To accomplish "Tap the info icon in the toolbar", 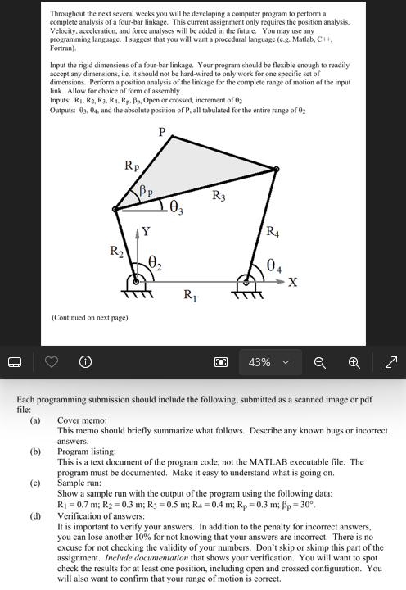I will [x=83, y=361].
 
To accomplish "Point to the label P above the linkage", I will [x=161, y=131].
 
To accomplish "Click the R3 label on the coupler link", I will [x=219, y=196].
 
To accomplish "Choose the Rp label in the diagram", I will [x=131, y=168].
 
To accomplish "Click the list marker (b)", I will [x=35, y=452].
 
